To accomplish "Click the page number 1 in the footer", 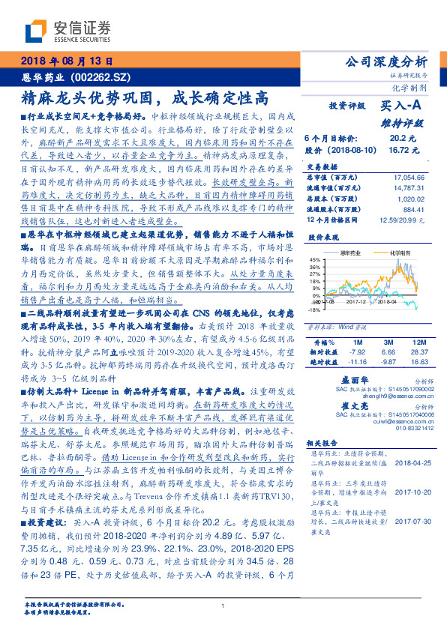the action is coord(223,606).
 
